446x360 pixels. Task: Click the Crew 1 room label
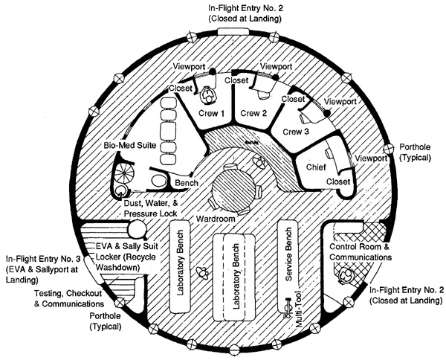tap(211, 113)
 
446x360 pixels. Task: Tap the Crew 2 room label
tap(253, 113)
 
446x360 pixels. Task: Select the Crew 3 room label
tap(296, 132)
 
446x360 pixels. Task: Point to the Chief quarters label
tap(316, 167)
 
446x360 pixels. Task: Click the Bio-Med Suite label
tap(130, 146)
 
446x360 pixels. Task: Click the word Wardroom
tap(216, 219)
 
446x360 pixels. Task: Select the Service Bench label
tap(288, 254)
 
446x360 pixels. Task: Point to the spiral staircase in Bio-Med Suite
tap(124, 173)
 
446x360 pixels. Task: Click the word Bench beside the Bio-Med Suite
tap(187, 183)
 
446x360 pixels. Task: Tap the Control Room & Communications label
tap(361, 252)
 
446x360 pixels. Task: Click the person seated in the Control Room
tap(345, 276)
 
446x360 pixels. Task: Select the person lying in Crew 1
tap(208, 96)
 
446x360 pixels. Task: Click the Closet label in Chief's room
tap(338, 181)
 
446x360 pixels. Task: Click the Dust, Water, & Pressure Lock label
tap(151, 208)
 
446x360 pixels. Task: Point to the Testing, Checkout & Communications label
tap(69, 298)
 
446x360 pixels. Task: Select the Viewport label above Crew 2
tap(277, 67)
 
